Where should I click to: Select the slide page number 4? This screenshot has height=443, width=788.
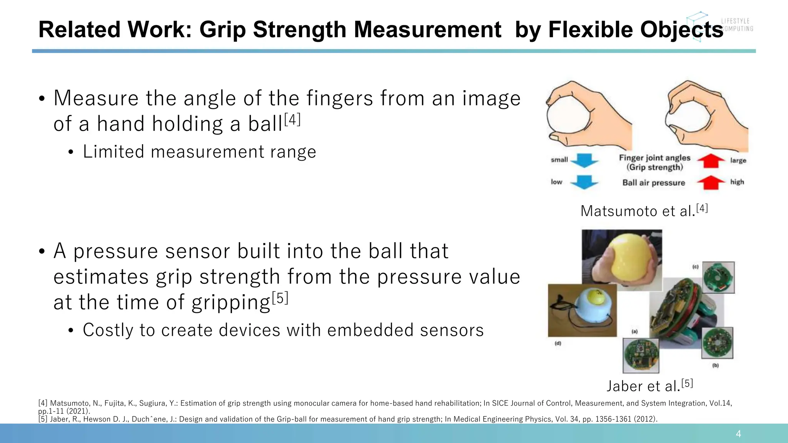pyautogui.click(x=738, y=434)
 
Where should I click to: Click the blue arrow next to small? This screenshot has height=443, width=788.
pyautogui.click(x=584, y=160)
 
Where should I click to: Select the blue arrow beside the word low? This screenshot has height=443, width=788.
pyautogui.click(x=584, y=182)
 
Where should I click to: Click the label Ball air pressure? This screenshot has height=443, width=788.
pyautogui.click(x=654, y=183)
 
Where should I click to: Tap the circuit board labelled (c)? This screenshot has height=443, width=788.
pyautogui.click(x=718, y=278)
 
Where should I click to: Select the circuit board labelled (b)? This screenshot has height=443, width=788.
pyautogui.click(x=718, y=343)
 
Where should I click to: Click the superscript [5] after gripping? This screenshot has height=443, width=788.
pyautogui.click(x=280, y=298)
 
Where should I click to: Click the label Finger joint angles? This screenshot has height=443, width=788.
pyautogui.click(x=654, y=158)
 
